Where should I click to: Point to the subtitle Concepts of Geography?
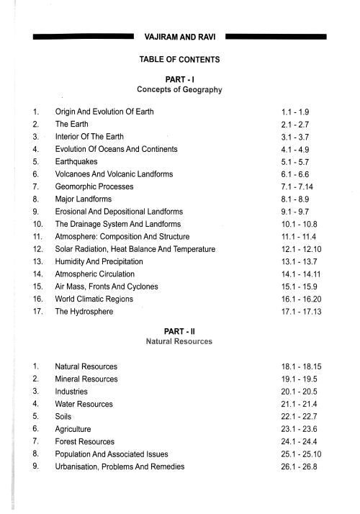[x=180, y=90]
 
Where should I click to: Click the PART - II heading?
[x=180, y=330]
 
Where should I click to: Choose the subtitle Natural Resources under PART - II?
[x=180, y=341]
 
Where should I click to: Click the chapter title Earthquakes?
[x=77, y=162]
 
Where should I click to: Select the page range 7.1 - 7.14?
[x=300, y=186]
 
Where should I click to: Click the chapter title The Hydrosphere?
[x=84, y=311]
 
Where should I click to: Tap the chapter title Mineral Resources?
[x=86, y=379]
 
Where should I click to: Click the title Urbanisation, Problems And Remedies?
[x=120, y=466]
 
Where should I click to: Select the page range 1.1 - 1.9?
[x=297, y=112]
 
